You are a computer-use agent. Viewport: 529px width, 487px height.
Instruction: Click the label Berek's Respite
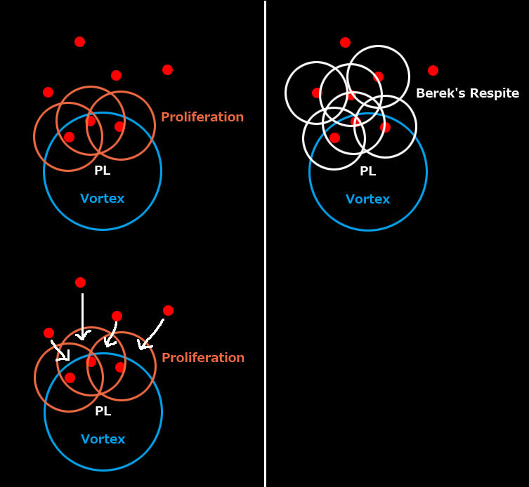(x=467, y=93)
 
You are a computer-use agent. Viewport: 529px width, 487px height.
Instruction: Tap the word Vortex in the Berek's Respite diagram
(x=367, y=199)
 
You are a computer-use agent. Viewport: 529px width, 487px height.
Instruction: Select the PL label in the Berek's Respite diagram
(x=367, y=171)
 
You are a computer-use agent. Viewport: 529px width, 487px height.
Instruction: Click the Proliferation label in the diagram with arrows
(x=203, y=358)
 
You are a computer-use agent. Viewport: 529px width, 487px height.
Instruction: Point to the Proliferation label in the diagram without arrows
(x=202, y=117)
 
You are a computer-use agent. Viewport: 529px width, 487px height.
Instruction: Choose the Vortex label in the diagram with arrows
(x=103, y=439)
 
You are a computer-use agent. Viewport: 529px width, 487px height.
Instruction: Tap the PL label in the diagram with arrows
(x=103, y=411)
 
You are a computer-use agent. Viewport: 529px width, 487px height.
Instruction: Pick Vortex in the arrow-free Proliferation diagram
(x=102, y=199)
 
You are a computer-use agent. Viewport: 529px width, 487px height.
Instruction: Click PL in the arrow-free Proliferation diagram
(x=102, y=171)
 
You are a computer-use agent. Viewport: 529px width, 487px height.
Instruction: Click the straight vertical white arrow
(x=82, y=316)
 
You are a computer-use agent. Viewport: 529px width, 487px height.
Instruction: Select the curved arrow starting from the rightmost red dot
(x=151, y=334)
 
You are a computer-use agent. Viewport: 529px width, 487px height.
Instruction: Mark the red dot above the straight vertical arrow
(x=80, y=282)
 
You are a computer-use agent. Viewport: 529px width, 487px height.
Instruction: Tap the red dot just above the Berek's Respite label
(x=433, y=70)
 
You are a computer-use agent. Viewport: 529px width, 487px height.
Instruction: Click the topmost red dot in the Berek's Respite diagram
(x=345, y=42)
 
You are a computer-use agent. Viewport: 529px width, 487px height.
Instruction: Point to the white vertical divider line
(x=265, y=243)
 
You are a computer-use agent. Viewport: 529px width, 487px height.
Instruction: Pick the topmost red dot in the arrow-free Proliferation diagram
(x=79, y=41)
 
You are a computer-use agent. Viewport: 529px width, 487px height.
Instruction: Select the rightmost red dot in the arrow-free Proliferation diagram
(x=167, y=69)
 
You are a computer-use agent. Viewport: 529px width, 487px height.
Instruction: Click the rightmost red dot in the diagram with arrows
(x=168, y=310)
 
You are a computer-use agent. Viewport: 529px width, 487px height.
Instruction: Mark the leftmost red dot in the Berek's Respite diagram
(x=316, y=93)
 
